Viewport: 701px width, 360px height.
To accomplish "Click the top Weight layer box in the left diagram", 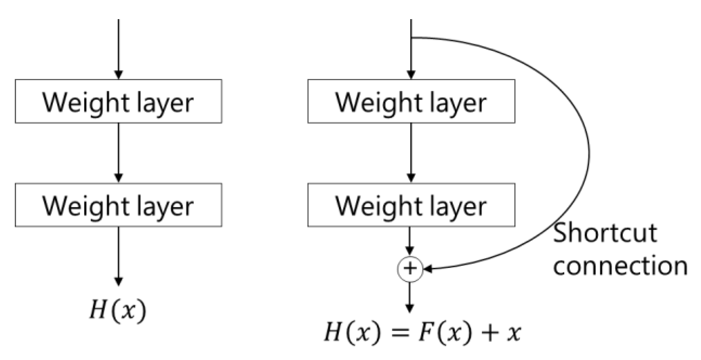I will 118,101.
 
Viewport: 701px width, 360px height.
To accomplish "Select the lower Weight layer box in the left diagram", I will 118,205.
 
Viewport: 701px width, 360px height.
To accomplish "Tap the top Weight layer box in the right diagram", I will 411,101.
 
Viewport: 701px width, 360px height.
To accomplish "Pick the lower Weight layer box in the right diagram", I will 411,205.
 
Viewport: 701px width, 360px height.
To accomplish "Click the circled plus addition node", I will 410,269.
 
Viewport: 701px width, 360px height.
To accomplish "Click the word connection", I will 620,266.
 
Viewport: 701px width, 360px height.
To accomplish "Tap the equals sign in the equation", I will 400,333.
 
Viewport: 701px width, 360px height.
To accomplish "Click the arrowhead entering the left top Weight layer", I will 118,75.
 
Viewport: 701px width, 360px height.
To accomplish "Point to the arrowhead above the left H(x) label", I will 118,281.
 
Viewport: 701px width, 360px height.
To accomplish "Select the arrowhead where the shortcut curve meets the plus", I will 428,269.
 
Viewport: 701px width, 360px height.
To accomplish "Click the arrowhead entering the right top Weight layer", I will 411,75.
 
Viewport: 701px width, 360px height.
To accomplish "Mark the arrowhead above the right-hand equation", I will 409,308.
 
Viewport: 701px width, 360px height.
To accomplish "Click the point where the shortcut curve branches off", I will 412,38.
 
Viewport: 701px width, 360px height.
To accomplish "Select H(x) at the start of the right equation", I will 352,332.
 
